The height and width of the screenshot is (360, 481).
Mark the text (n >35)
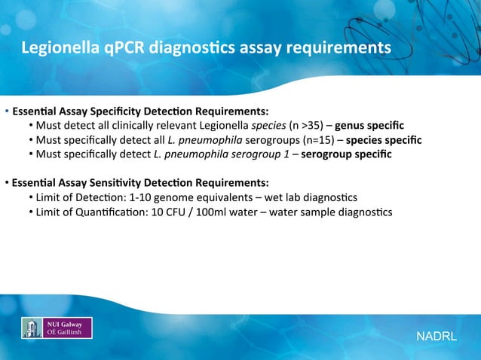(x=305, y=125)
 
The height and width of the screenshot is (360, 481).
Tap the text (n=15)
(x=317, y=140)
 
